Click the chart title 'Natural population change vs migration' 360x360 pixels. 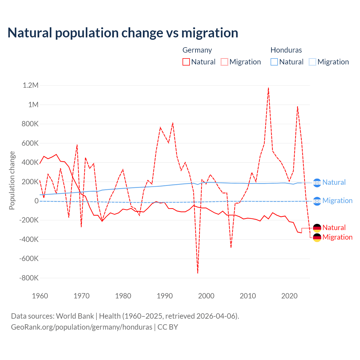(123, 33)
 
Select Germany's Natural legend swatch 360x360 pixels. (186, 62)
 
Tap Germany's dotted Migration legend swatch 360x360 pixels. (224, 62)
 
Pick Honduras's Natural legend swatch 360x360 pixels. (274, 62)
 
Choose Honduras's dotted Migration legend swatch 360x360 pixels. (312, 62)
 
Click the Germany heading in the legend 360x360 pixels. (197, 50)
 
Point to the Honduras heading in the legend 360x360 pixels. (286, 50)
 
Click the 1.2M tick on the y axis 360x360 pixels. (30, 85)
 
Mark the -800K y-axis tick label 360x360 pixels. (29, 278)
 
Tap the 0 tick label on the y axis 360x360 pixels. (37, 201)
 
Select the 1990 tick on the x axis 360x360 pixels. (165, 296)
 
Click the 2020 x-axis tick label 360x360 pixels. (289, 296)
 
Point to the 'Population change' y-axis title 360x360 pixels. (12, 180)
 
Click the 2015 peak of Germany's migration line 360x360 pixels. (268, 88)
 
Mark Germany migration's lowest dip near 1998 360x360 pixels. (198, 273)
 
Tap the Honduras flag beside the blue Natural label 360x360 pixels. (317, 183)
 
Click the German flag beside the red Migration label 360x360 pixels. (317, 237)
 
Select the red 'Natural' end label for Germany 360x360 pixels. (334, 228)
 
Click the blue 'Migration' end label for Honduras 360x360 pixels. (337, 201)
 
